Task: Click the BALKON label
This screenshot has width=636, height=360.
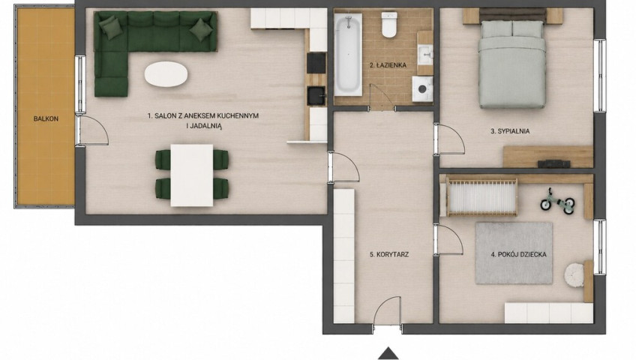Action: (46, 118)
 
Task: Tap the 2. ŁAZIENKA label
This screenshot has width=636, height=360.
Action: (388, 64)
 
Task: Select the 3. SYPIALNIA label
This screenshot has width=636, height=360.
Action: (510, 131)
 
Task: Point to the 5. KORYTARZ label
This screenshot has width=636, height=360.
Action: (389, 254)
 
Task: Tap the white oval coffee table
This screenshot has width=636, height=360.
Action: (166, 74)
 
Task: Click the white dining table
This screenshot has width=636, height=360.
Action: (192, 175)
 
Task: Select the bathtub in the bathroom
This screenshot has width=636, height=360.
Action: (348, 54)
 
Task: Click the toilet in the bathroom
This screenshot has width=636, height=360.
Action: (389, 24)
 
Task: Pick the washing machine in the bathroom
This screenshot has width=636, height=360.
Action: (422, 88)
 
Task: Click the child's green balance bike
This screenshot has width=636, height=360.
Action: (558, 201)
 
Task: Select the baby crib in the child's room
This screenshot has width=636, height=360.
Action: (481, 197)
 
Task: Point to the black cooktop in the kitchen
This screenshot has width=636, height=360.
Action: (316, 63)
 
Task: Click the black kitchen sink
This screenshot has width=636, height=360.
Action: (316, 96)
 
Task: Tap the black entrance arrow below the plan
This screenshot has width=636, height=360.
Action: (388, 353)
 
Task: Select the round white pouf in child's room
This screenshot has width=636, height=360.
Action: (574, 275)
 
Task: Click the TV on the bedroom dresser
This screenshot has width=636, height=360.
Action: (554, 163)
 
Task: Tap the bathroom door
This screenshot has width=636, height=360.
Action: (379, 94)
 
